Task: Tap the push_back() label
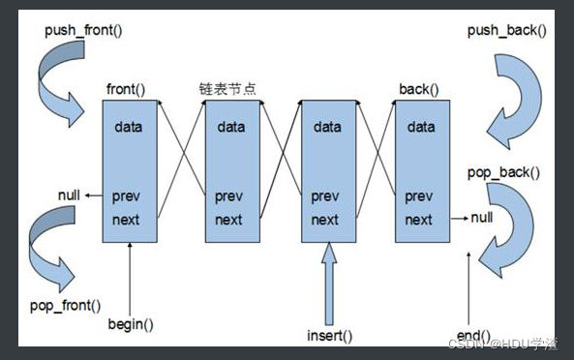pyautogui.click(x=506, y=29)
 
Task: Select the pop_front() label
pyautogui.click(x=63, y=306)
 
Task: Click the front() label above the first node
pyautogui.click(x=126, y=90)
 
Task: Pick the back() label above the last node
pyautogui.click(x=418, y=90)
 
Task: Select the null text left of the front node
pyautogui.click(x=68, y=195)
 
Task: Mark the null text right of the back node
pyautogui.click(x=481, y=219)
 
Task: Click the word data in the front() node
pyautogui.click(x=130, y=127)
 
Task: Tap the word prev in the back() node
pyautogui.click(x=418, y=195)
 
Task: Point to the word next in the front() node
pyautogui.click(x=127, y=220)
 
